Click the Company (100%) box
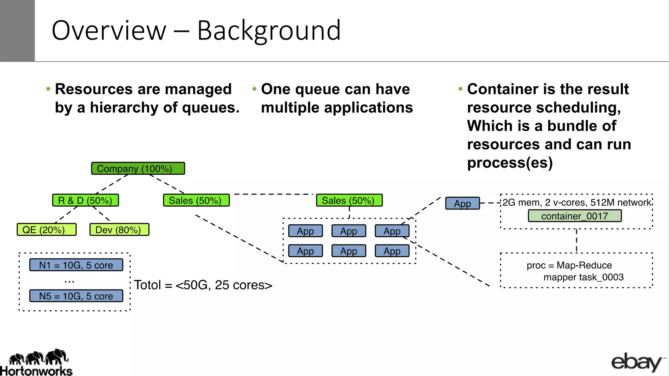[x=138, y=168]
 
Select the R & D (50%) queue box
[x=85, y=200]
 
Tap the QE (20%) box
[x=46, y=229]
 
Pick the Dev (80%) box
[x=119, y=229]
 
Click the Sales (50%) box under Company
[x=196, y=200]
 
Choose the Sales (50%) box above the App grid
[x=349, y=200]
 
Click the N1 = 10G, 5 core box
[x=76, y=265]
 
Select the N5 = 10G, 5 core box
[x=76, y=296]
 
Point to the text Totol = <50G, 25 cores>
[x=203, y=285]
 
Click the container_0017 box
[x=575, y=216]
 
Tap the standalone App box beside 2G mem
[x=463, y=203]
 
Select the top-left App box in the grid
[x=305, y=231]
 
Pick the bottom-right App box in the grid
[x=392, y=251]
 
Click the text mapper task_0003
[x=583, y=277]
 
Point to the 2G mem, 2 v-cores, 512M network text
[x=577, y=202]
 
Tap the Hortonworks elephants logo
[x=38, y=358]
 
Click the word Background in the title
[x=269, y=30]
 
